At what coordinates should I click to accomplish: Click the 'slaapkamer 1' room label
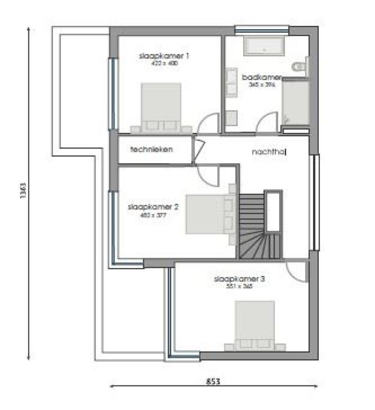coord(164,56)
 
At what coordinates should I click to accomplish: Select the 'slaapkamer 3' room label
coord(239,279)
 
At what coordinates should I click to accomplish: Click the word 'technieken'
coord(152,150)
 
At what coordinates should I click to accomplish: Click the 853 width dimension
coord(213,382)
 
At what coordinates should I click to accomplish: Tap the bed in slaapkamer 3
coord(255,324)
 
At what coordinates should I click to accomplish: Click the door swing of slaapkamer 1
coord(208,124)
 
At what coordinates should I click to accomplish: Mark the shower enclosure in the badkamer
coord(295,102)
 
